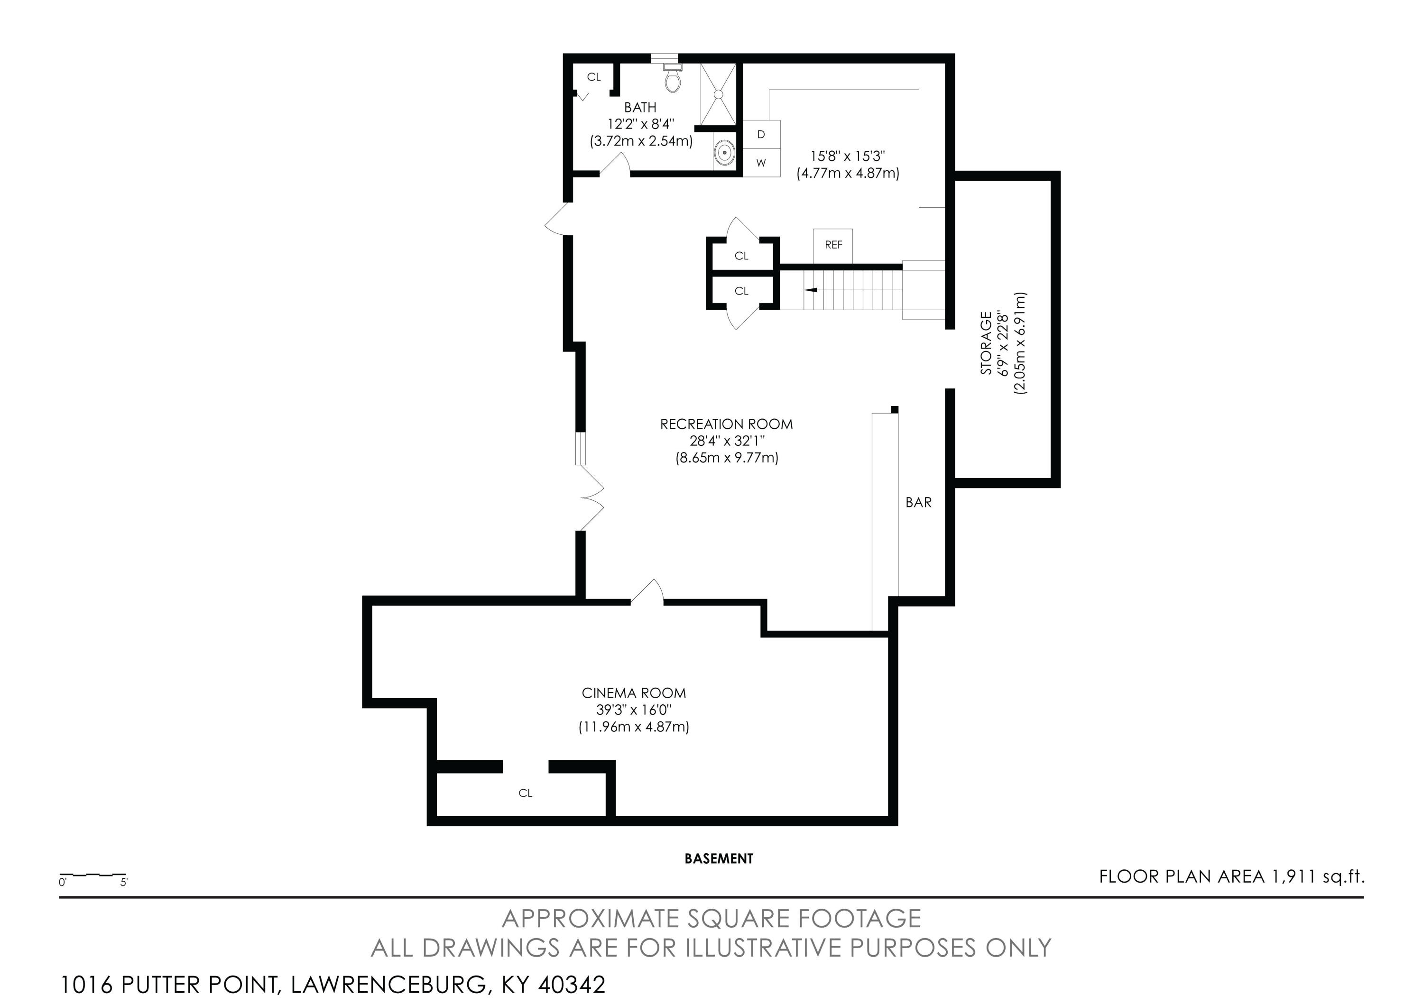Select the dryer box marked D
pos(761,134)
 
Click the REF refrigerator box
pos(833,245)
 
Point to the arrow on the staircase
pos(811,290)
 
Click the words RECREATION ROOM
pos(726,424)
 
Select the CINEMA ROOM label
pos(633,693)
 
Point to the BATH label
pos(640,108)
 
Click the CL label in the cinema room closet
pos(526,793)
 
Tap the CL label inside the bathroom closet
pos(594,77)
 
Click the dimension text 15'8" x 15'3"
pos(848,156)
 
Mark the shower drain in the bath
pos(718,94)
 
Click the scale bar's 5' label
pos(124,882)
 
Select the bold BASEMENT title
pos(719,859)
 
